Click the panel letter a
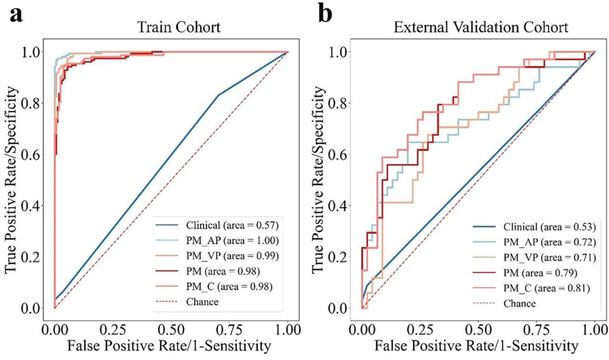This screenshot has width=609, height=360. coord(15,13)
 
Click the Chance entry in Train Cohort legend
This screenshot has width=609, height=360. coord(202,301)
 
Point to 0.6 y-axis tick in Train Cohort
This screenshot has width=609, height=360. coord(34,154)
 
